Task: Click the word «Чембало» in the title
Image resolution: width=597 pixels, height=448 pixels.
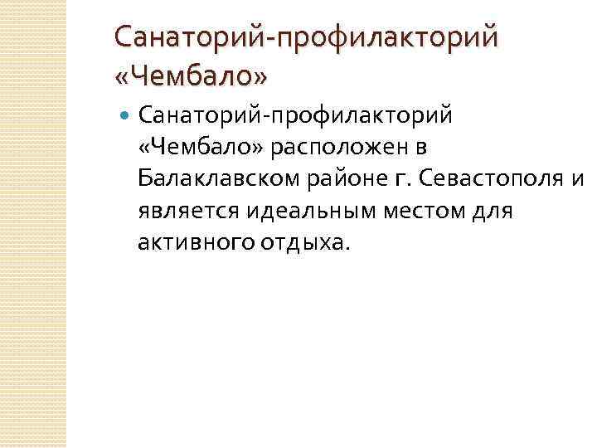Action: pos(191,77)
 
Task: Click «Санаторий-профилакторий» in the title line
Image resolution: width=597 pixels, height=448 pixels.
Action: pos(307,38)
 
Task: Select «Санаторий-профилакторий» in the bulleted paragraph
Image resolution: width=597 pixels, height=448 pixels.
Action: pos(296,114)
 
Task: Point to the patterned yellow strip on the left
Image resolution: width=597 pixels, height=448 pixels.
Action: pos(33,224)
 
